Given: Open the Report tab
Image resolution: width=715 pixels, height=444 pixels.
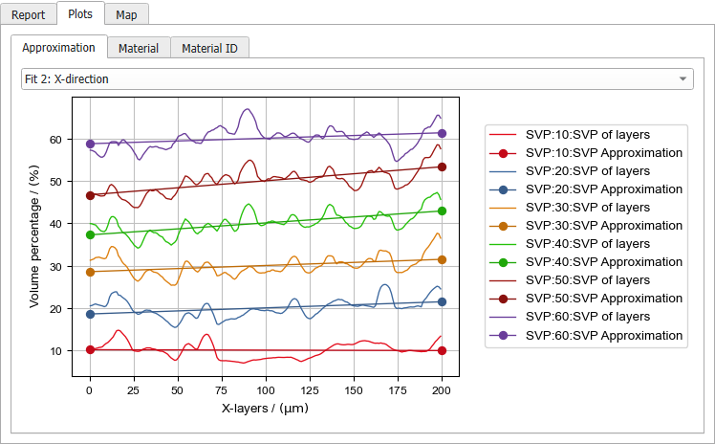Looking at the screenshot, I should click(28, 14).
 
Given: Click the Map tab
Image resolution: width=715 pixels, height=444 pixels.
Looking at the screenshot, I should click(125, 14).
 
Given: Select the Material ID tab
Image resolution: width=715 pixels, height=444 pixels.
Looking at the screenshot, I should click(209, 48).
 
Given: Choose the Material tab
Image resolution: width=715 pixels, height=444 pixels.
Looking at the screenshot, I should click(139, 48).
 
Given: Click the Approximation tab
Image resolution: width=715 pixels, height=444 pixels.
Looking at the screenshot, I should click(58, 48).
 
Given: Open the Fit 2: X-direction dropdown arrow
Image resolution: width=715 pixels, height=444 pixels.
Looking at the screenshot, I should click(682, 78).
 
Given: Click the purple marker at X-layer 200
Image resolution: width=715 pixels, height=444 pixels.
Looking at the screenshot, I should click(442, 134).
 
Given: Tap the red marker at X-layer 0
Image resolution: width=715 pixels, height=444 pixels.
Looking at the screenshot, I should click(90, 350).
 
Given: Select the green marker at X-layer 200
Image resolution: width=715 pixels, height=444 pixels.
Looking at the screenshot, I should click(442, 211).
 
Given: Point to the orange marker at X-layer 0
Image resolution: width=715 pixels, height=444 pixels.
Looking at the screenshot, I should click(90, 272).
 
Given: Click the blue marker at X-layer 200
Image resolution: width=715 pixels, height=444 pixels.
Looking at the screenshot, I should click(442, 301).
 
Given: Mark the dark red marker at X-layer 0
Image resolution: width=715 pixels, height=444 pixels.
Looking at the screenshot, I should click(90, 195).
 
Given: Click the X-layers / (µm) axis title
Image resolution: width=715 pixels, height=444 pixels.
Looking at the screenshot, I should click(265, 409).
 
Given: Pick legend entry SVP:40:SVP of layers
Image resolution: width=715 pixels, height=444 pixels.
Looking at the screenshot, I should click(588, 244).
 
